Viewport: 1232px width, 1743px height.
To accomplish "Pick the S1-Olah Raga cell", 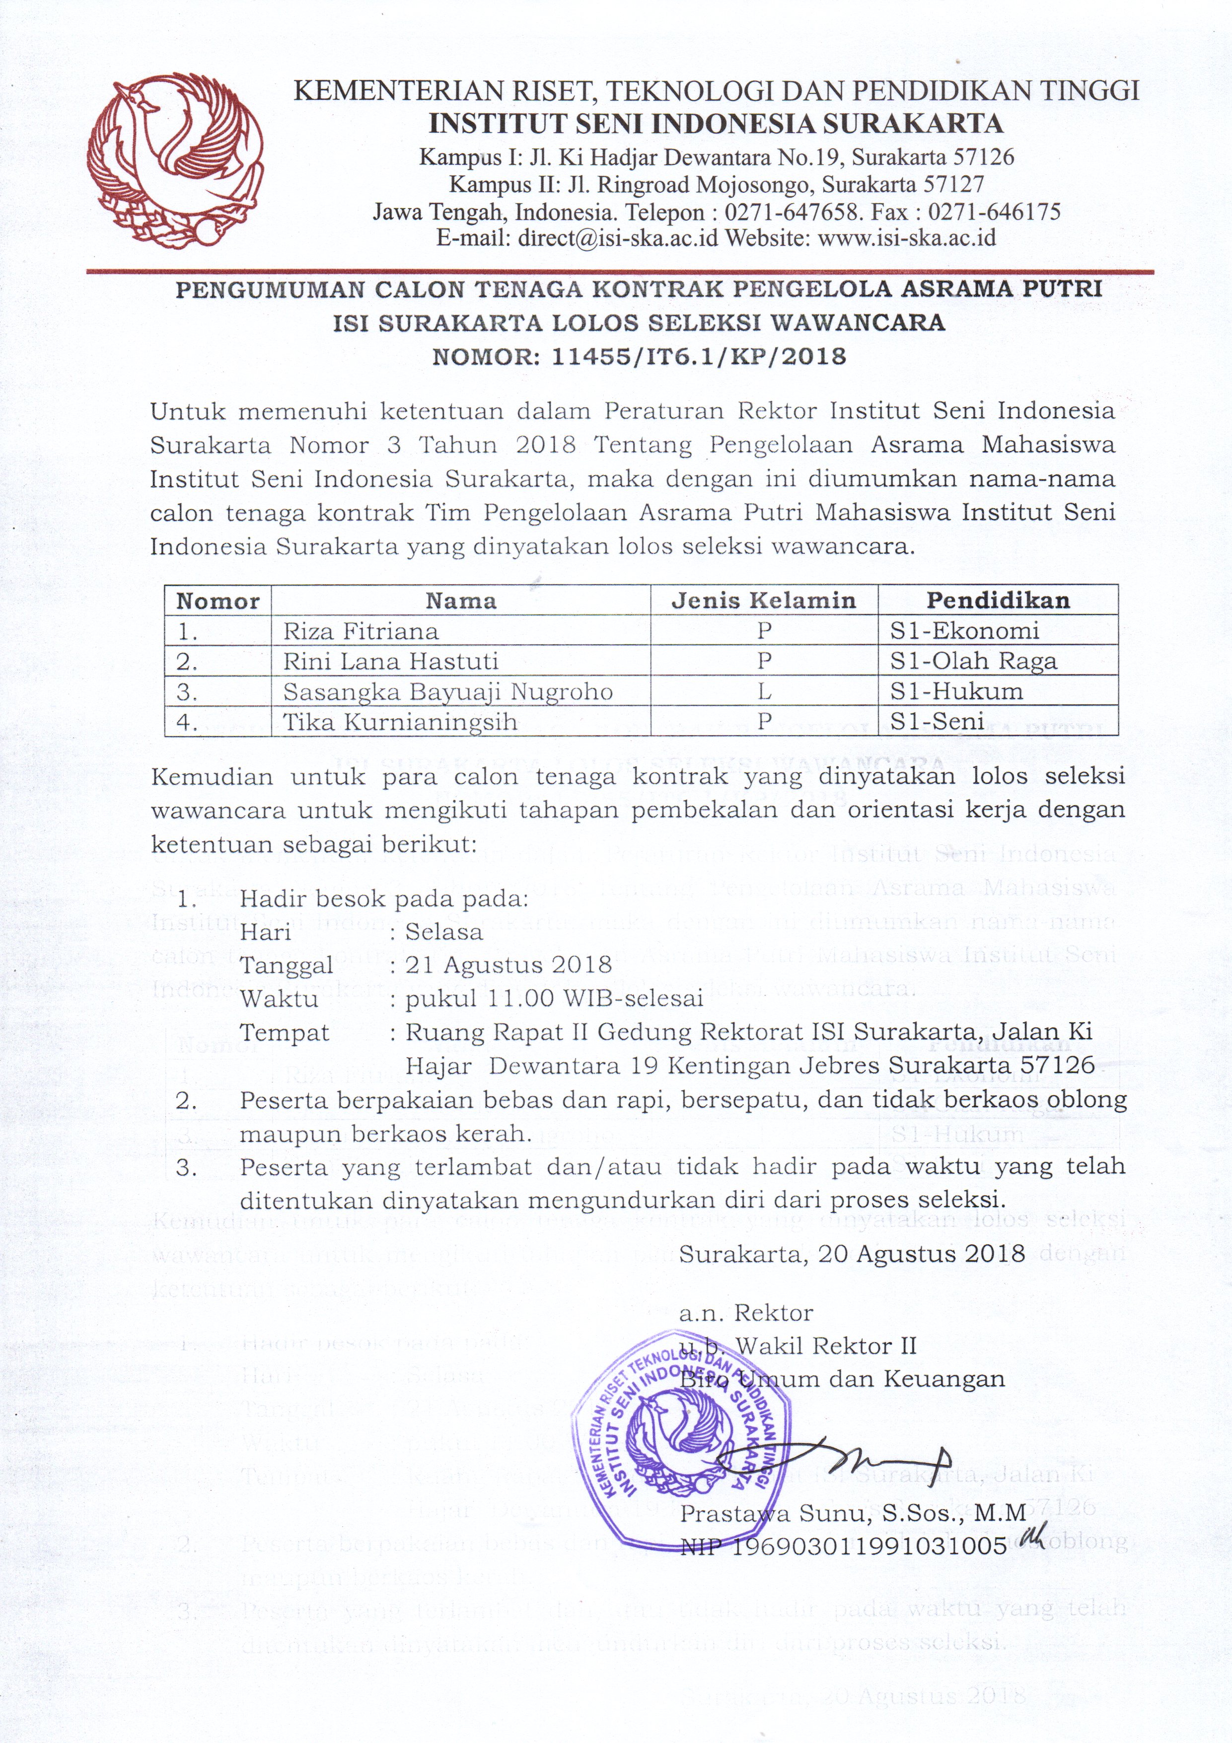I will pos(973,661).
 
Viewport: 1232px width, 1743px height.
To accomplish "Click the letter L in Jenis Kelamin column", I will pos(764,691).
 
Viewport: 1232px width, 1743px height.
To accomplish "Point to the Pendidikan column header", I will pos(998,601).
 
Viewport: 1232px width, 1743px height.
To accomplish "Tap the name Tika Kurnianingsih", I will pos(400,721).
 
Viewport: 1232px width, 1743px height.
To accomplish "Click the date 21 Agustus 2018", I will pos(508,965).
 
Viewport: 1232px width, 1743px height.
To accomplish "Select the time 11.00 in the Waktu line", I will pos(521,998).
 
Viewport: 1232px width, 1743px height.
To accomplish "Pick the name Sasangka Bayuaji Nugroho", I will pos(448,691).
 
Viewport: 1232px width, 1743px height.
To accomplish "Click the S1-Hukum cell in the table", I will pos(956,691).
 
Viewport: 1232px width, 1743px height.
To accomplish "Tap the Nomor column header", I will pos(218,601).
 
